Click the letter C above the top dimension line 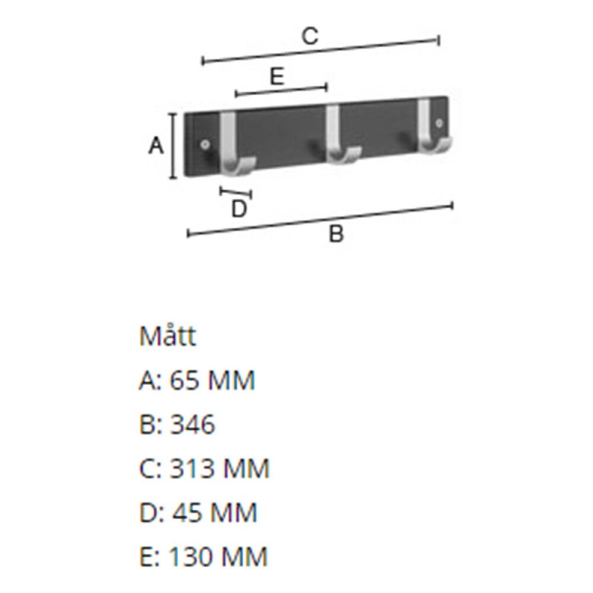[x=310, y=37]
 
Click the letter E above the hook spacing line [x=276, y=77]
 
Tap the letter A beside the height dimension [x=155, y=145]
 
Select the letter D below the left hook [x=238, y=209]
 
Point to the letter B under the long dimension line [x=336, y=235]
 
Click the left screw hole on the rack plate [x=205, y=144]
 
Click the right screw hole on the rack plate [x=439, y=123]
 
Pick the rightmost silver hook [x=428, y=127]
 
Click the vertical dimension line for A [x=173, y=146]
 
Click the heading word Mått [x=167, y=336]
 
